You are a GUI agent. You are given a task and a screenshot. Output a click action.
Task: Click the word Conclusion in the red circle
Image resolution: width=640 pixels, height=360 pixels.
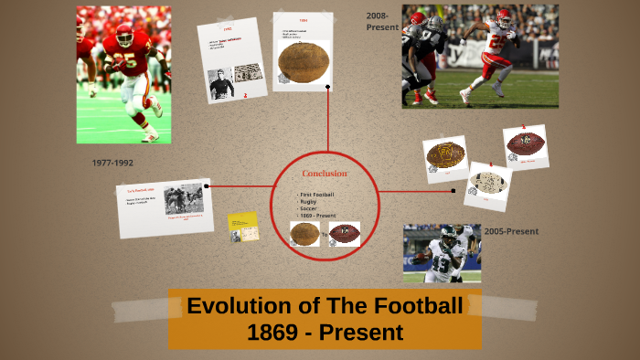tap(325, 174)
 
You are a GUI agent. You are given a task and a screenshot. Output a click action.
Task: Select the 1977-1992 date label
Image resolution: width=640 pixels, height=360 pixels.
tap(112, 163)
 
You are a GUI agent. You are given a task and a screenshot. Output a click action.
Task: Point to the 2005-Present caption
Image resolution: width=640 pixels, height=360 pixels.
tap(511, 231)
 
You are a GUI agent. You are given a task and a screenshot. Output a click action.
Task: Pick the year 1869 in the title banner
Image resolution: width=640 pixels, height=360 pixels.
tap(271, 333)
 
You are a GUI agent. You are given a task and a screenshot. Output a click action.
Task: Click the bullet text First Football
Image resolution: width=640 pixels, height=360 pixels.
tap(317, 195)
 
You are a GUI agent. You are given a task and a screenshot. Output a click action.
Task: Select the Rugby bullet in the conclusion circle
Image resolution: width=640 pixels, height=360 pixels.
tap(308, 202)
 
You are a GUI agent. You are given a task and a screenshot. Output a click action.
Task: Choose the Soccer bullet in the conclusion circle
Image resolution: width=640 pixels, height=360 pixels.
tap(309, 209)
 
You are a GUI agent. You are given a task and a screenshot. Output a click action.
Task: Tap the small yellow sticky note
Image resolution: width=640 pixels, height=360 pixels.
tap(243, 227)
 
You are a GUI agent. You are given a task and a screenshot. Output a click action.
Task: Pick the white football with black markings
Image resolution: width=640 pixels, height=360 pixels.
tap(489, 182)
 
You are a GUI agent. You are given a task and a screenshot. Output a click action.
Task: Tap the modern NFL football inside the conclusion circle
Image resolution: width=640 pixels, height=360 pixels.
tap(345, 234)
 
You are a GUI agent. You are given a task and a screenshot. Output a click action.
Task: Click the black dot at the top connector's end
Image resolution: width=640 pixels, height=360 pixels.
tap(327, 88)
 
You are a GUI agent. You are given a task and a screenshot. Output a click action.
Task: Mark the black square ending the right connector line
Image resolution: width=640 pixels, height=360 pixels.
tap(453, 191)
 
